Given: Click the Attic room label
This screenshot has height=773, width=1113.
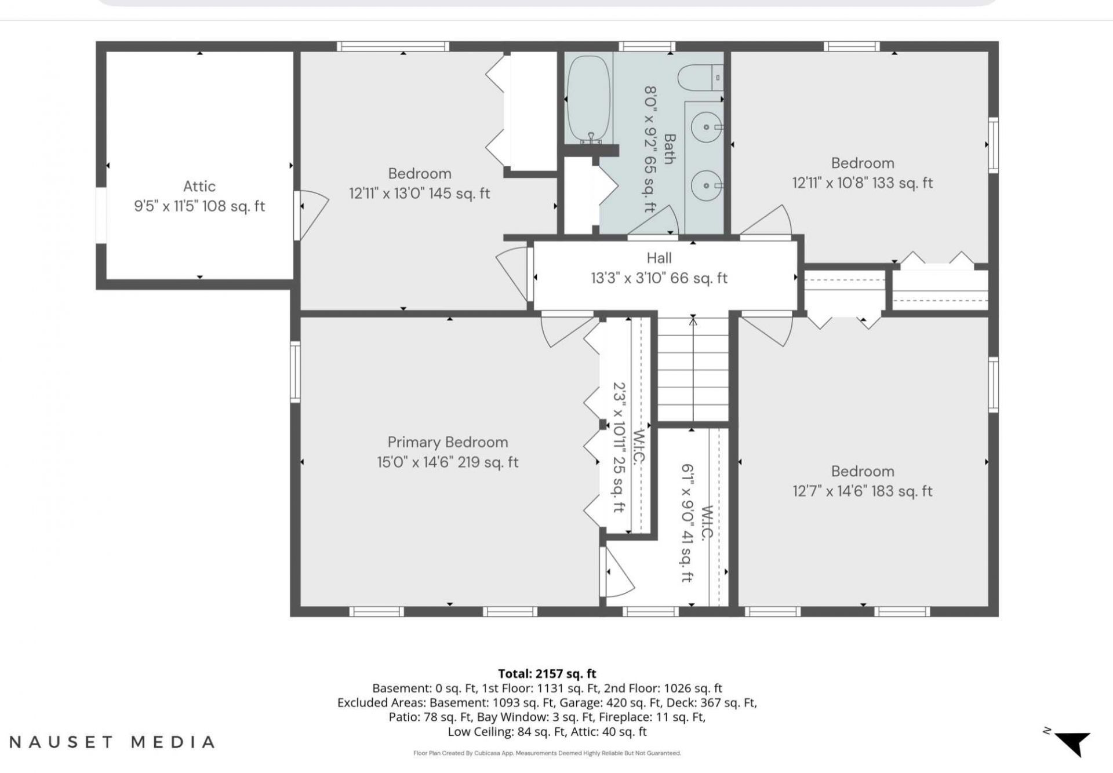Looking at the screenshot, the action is click(199, 186).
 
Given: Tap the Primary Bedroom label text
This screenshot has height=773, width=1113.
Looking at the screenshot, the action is click(448, 442).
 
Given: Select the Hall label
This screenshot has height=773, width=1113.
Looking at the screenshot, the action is click(659, 258).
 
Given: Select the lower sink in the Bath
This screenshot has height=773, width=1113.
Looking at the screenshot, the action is click(707, 185).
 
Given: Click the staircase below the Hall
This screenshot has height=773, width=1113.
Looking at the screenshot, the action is click(693, 369).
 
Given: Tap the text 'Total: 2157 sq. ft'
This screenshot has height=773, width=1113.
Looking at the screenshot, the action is click(547, 673).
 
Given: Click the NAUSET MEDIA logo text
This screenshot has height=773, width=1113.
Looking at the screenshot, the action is click(112, 742).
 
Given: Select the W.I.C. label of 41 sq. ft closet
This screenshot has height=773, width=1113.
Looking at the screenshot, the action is click(707, 523).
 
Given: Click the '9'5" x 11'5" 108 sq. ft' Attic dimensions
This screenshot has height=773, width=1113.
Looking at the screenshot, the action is click(199, 206).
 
